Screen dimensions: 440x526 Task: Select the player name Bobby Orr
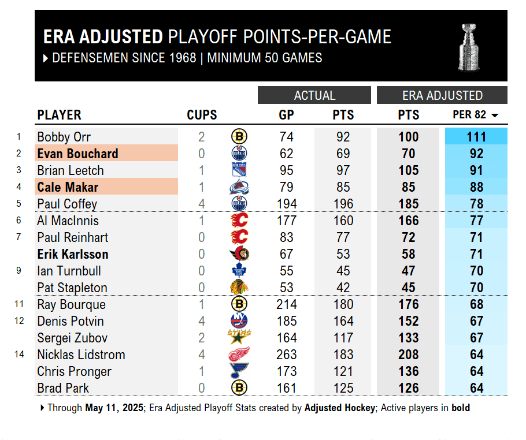point(64,137)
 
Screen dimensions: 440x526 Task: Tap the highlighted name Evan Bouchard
point(77,154)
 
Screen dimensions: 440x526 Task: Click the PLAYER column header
point(59,115)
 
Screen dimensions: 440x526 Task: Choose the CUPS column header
point(202,115)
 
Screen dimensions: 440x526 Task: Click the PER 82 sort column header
point(475,115)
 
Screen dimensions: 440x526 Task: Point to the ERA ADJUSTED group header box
point(442,95)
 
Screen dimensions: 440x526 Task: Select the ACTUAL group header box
point(314,95)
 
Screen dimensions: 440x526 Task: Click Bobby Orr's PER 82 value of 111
point(476,137)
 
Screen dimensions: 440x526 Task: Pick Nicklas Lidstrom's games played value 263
point(286,355)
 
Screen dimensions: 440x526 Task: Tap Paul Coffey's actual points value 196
point(343,204)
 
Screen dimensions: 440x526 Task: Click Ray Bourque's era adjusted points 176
point(409,304)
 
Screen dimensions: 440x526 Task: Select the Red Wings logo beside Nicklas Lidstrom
point(239,355)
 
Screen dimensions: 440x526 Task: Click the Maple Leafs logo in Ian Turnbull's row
point(239,271)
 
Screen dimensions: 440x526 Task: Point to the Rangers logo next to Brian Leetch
point(239,170)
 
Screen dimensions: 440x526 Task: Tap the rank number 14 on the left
point(20,354)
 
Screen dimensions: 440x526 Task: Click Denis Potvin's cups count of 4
point(201,321)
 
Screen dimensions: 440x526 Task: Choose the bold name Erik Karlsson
point(73,254)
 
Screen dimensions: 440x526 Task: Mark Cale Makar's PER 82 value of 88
point(476,187)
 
